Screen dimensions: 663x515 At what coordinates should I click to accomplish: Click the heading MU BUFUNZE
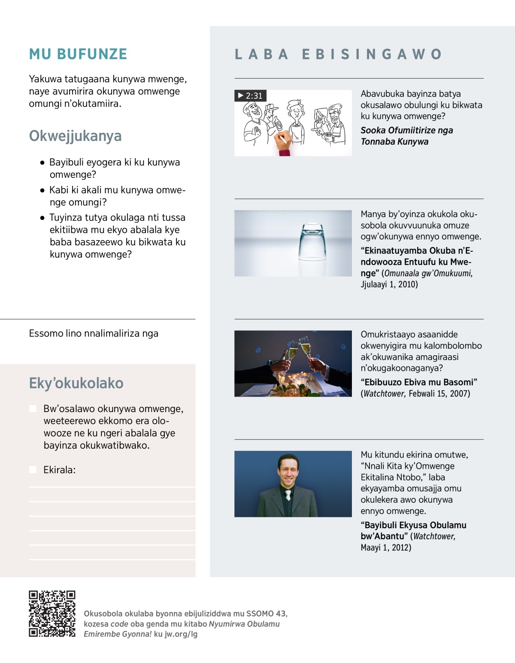tap(78, 54)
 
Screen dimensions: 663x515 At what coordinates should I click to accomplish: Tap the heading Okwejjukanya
tap(75, 136)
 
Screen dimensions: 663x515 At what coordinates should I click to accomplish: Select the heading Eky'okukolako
tap(76, 383)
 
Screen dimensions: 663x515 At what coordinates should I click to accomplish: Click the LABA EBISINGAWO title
tap(338, 54)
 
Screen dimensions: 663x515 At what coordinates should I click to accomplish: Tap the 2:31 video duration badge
tap(250, 95)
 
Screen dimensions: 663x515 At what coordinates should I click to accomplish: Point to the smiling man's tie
tap(288, 495)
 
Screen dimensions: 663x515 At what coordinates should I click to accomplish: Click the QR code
tap(52, 614)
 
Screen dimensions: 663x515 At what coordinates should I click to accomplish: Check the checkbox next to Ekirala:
tap(33, 470)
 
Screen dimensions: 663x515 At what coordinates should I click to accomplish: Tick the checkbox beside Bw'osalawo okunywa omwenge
tap(33, 408)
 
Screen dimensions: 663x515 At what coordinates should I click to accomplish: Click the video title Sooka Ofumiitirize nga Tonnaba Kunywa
tap(406, 136)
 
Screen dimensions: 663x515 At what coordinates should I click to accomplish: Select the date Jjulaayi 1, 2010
tap(389, 284)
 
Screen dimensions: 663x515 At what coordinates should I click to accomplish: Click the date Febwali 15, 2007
tap(439, 393)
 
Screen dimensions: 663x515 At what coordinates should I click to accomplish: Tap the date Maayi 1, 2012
tap(386, 547)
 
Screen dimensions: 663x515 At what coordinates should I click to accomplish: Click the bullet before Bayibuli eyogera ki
tap(42, 163)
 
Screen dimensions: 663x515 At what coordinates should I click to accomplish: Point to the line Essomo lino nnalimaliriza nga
tap(94, 333)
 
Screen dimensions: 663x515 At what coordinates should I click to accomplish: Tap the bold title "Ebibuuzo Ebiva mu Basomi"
tap(419, 382)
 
